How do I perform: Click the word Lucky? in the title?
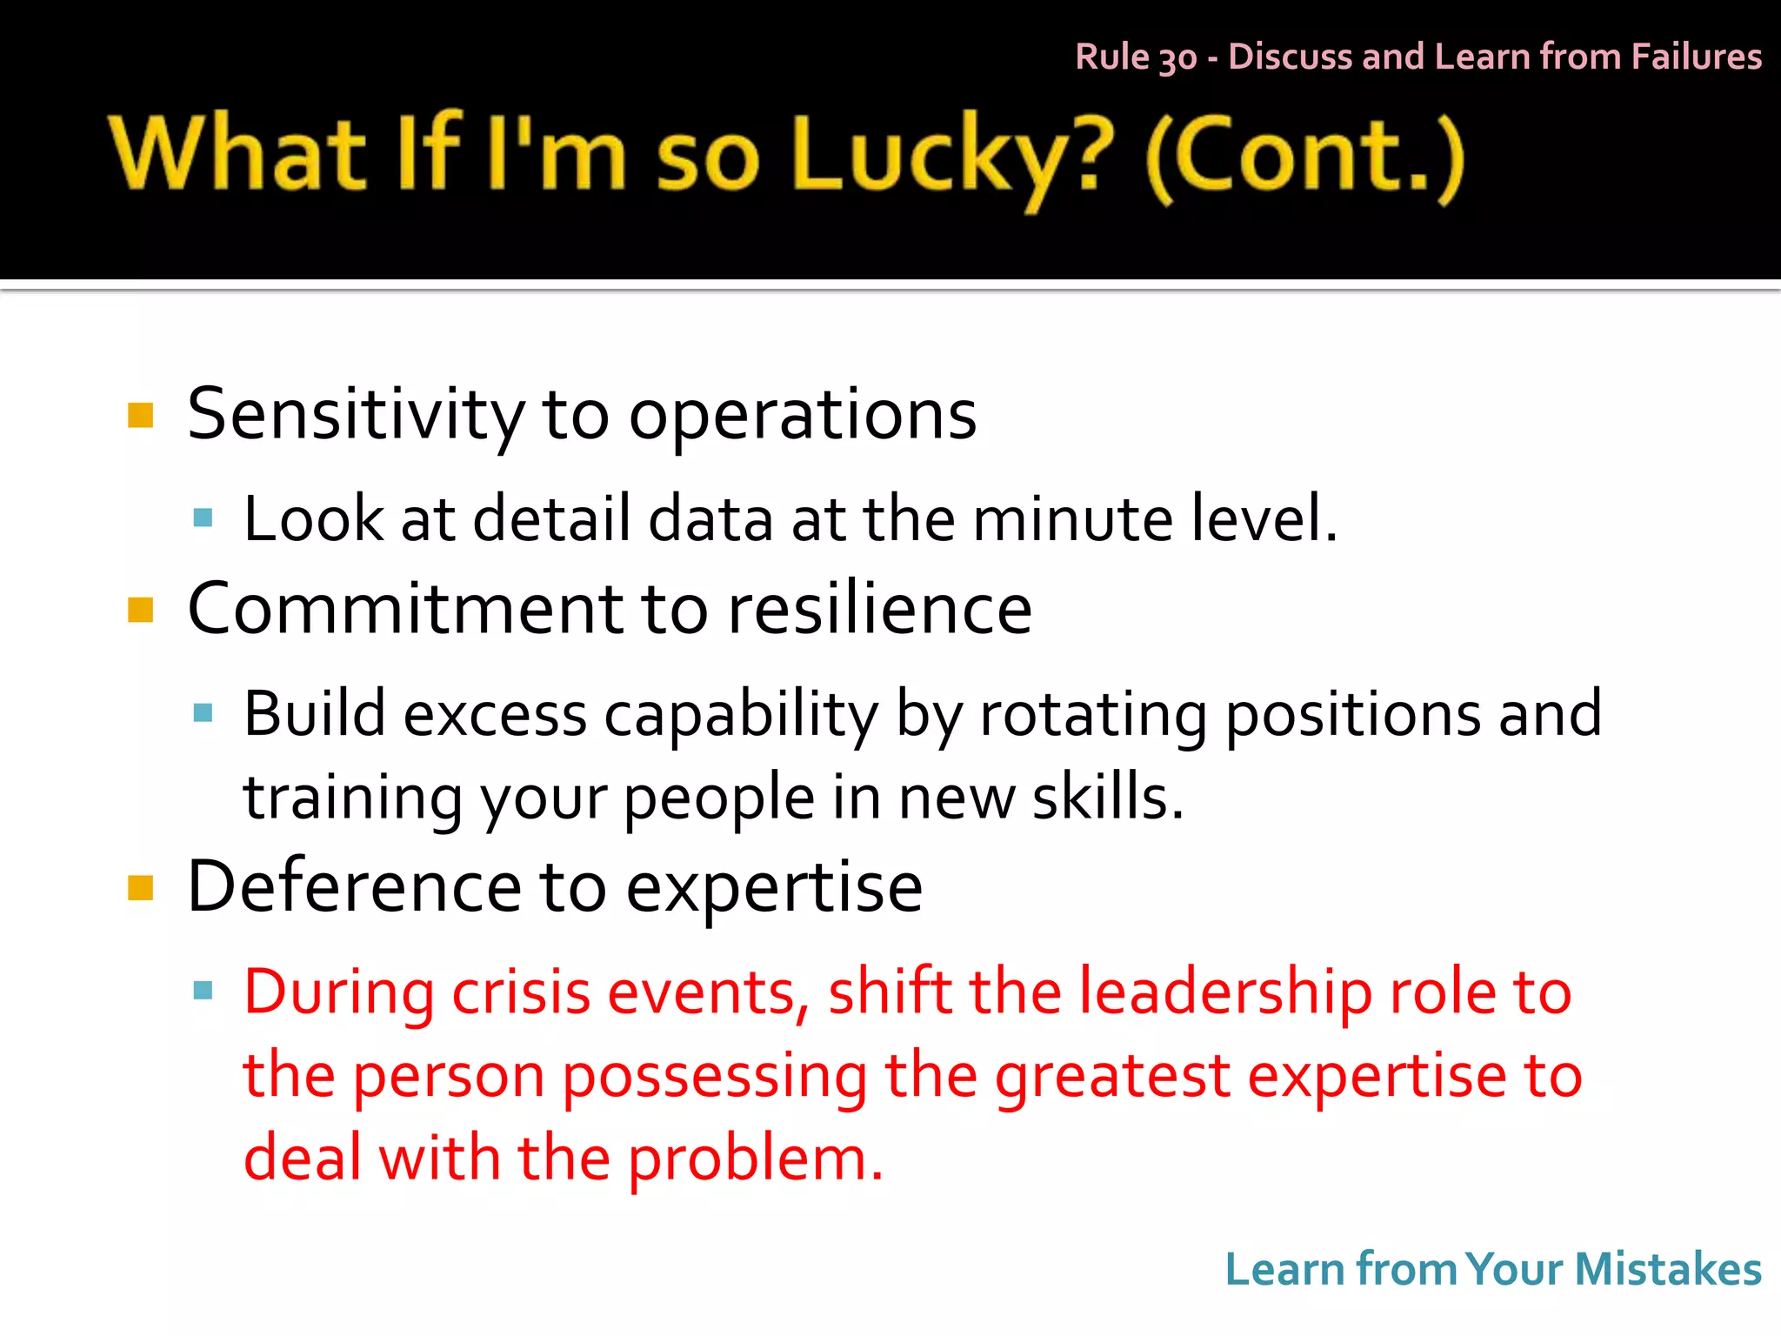(951, 155)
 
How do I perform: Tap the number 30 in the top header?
(1177, 58)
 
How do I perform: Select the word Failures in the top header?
(1696, 57)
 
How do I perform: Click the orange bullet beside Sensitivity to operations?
(140, 416)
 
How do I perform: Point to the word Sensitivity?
(356, 416)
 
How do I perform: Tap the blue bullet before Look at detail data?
(203, 519)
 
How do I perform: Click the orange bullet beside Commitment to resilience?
(140, 610)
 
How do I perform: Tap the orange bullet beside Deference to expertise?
(140, 888)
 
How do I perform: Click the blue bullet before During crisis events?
(203, 991)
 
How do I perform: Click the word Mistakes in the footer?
(1668, 1269)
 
